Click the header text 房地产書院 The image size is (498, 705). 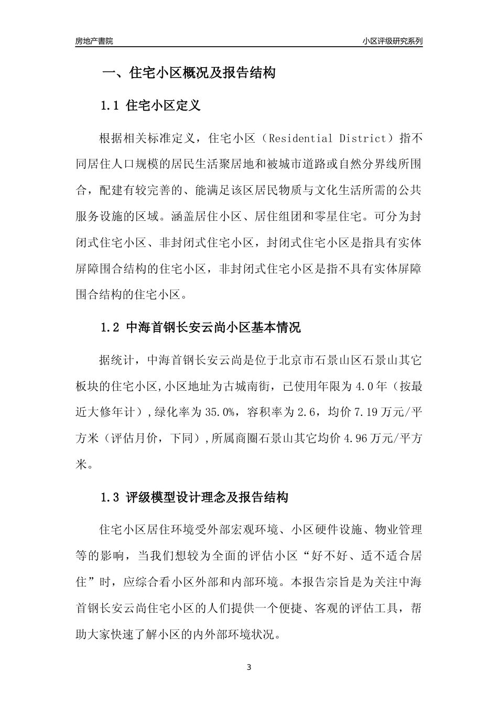(x=94, y=41)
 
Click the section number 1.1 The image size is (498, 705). (x=111, y=106)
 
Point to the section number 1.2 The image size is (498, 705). (x=111, y=328)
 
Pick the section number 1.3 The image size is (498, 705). (x=111, y=497)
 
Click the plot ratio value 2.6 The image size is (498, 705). (x=304, y=413)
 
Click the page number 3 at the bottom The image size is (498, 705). (x=249, y=668)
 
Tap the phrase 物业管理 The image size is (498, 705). (x=399, y=529)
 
